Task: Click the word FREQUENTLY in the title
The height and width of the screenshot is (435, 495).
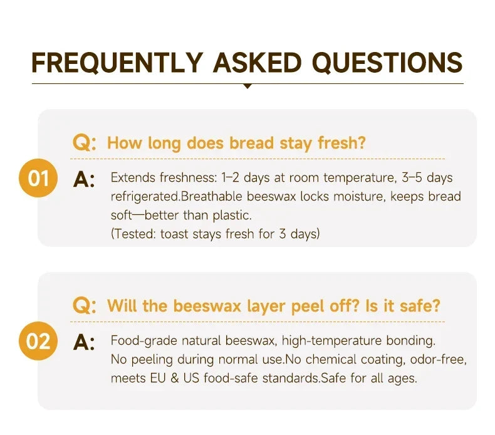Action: (117, 63)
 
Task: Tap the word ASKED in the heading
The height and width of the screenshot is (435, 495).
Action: (258, 63)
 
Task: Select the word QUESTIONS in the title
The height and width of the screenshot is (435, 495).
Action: (387, 63)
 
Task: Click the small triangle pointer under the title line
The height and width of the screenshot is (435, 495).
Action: (248, 86)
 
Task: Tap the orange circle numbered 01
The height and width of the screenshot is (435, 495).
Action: (38, 178)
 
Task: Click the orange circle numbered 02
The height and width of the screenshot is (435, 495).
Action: (38, 341)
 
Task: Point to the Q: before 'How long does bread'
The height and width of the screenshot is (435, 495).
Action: (85, 143)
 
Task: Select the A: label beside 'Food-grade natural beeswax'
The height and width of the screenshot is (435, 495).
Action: (84, 342)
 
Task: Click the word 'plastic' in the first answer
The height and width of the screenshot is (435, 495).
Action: (231, 216)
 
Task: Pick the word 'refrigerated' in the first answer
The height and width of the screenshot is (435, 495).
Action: (145, 197)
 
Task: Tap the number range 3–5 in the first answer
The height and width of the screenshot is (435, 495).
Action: (412, 177)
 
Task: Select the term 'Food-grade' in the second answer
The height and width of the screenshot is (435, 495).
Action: (143, 341)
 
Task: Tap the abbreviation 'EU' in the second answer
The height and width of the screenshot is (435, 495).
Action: (158, 378)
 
